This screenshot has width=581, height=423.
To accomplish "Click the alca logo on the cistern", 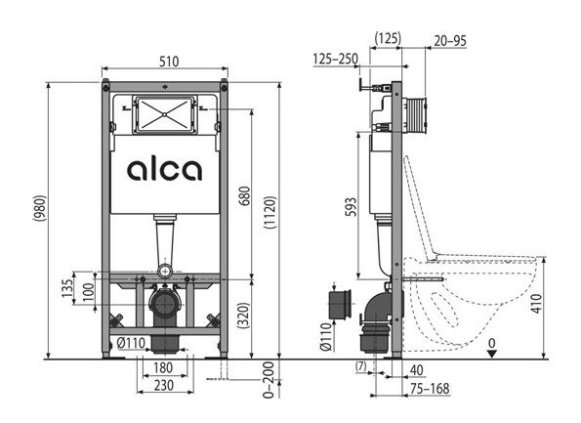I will click(164, 170).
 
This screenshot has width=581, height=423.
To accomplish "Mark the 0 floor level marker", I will click(492, 343).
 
